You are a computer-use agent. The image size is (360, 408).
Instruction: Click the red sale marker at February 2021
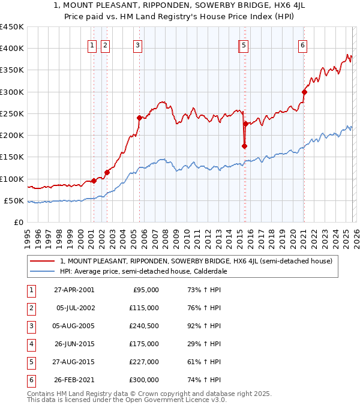[304, 92]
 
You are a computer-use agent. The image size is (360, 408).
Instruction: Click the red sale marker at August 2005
[139, 118]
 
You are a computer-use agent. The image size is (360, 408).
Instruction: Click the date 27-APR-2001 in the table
[73, 290]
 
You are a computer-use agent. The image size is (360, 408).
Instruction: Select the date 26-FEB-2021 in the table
[73, 380]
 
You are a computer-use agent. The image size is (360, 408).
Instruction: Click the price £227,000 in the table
[144, 362]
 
